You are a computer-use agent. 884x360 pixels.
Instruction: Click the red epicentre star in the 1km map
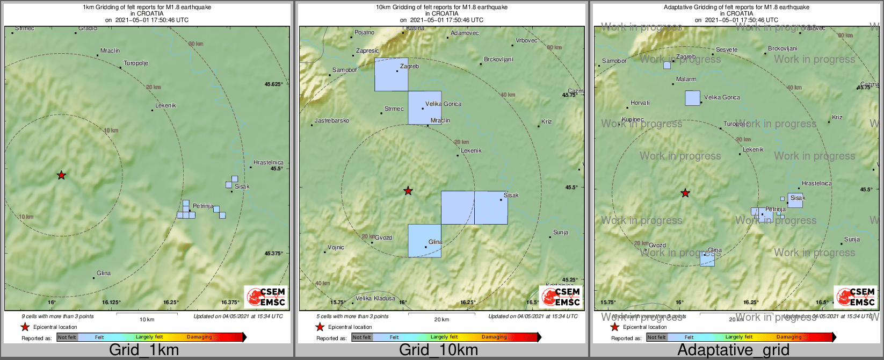click(x=61, y=175)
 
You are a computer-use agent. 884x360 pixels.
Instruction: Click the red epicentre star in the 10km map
click(x=408, y=191)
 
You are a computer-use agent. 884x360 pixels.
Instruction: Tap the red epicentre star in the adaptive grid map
click(x=685, y=193)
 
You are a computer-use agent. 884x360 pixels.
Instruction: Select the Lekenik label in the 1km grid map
click(x=165, y=106)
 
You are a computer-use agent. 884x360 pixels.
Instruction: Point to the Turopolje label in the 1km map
click(x=136, y=63)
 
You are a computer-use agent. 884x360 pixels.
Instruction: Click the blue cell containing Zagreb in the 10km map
click(x=391, y=75)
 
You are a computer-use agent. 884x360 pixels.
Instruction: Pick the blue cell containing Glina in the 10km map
click(x=424, y=241)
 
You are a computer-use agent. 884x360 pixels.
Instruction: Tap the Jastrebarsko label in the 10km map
click(x=332, y=121)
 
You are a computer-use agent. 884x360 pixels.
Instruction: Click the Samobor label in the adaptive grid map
click(x=614, y=61)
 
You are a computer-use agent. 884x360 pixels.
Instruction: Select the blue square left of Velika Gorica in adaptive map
click(x=692, y=98)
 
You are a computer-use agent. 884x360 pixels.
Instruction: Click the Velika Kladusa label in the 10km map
click(x=375, y=299)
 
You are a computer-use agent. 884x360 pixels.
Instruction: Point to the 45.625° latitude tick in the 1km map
click(x=273, y=84)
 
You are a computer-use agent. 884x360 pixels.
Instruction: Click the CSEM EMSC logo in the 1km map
click(x=266, y=297)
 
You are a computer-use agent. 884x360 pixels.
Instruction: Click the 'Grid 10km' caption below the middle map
click(x=438, y=350)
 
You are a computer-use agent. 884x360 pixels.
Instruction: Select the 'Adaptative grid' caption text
click(x=733, y=350)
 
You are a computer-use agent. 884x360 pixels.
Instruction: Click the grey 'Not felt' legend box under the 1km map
click(x=67, y=337)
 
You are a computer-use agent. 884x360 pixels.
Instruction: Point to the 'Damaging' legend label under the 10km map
click(x=494, y=337)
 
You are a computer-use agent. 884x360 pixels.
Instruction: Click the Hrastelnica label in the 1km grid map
click(x=269, y=163)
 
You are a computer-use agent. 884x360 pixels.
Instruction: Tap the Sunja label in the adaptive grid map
click(x=852, y=240)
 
